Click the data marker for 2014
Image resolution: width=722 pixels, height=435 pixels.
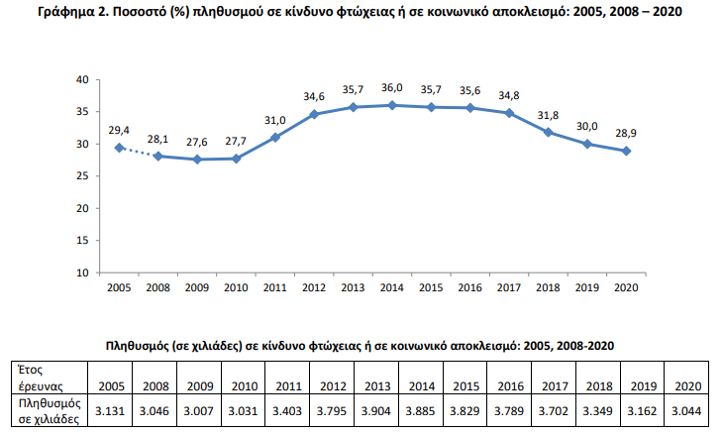click(x=392, y=105)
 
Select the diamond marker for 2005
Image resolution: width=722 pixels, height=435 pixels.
click(x=119, y=148)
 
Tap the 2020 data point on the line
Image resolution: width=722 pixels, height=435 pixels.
click(x=626, y=151)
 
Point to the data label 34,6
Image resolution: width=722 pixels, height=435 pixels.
click(x=314, y=97)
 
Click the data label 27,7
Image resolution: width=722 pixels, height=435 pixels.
click(x=236, y=141)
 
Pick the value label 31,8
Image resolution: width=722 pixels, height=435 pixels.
click(x=548, y=115)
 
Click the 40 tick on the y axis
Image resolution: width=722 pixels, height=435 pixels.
click(x=82, y=79)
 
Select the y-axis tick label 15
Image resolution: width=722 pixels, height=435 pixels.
click(x=82, y=241)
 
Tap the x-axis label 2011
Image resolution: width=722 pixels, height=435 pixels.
click(x=275, y=287)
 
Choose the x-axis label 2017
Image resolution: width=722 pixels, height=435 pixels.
click(x=509, y=287)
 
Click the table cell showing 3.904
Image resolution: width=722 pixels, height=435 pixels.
click(x=376, y=410)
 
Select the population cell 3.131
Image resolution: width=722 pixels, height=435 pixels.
click(x=110, y=410)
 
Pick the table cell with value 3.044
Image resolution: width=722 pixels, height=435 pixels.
click(x=686, y=410)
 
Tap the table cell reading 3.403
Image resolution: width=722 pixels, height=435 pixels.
click(x=287, y=410)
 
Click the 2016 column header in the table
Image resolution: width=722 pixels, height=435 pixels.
click(x=509, y=378)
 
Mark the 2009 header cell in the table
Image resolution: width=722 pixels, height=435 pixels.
click(x=200, y=378)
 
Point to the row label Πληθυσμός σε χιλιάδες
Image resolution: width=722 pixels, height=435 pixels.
click(x=50, y=411)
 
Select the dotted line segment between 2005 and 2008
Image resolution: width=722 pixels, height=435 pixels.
click(x=139, y=152)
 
